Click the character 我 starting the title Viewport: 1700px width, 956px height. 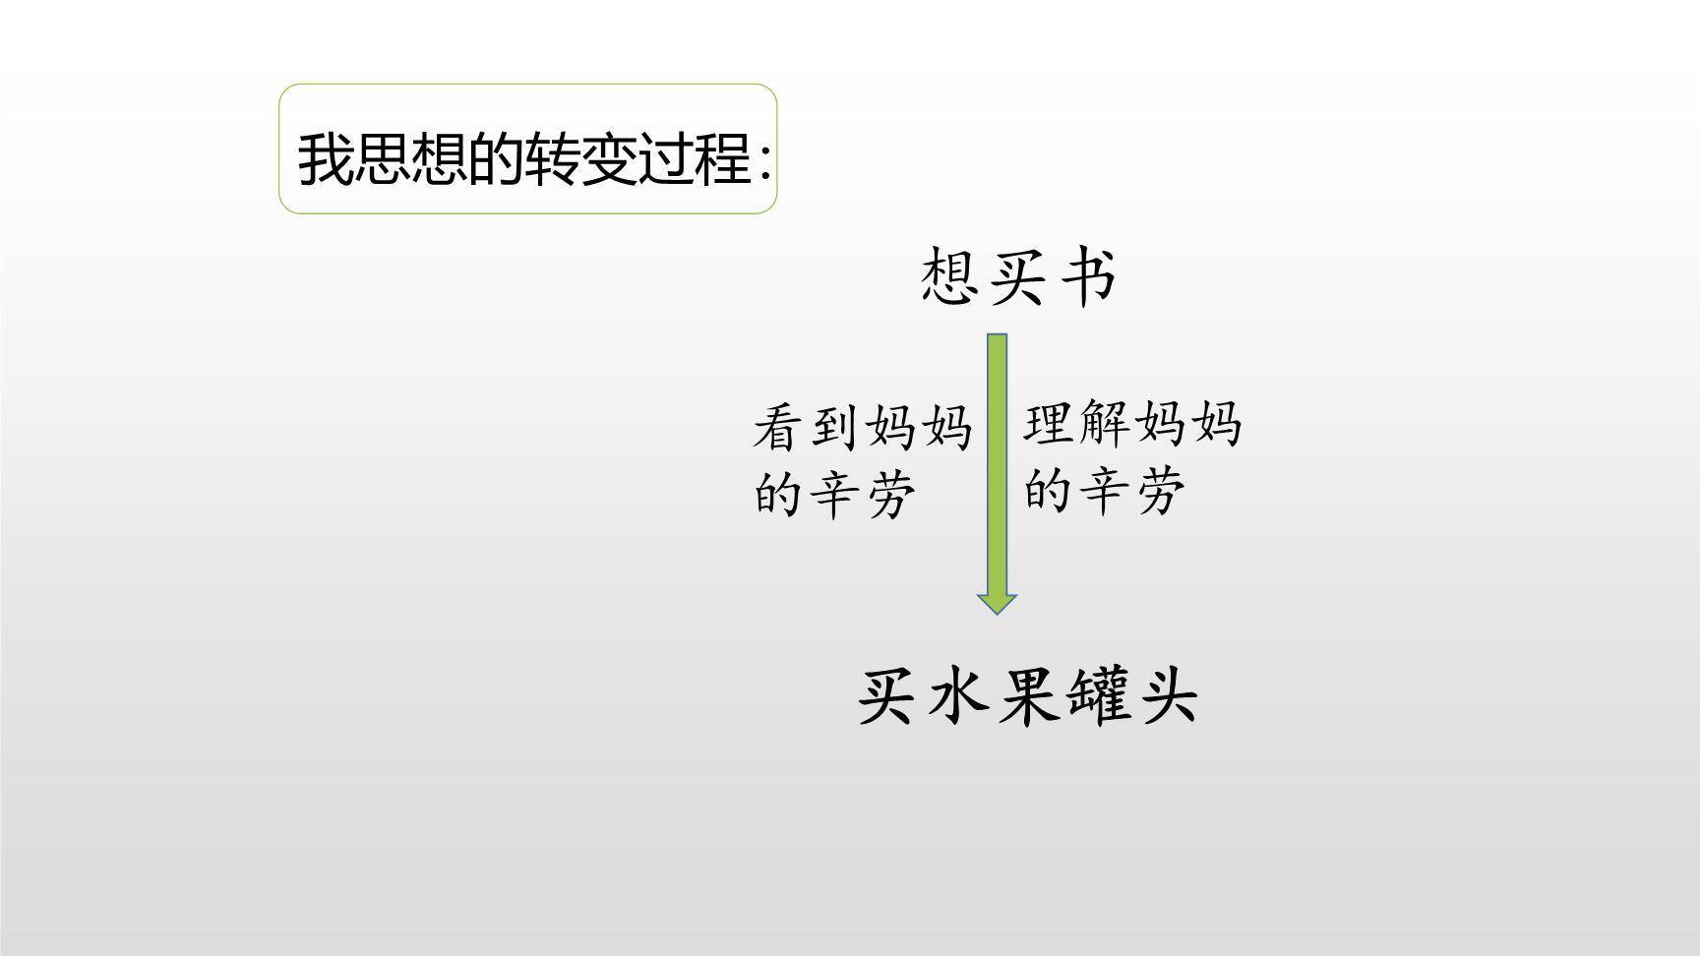pyautogui.click(x=326, y=158)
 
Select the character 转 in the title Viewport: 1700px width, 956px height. pyautogui.click(x=554, y=158)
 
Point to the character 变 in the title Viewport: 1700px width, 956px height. pyautogui.click(x=611, y=158)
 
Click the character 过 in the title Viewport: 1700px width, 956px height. pyautogui.click(x=668, y=158)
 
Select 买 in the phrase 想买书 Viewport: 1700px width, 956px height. pyautogui.click(x=1018, y=276)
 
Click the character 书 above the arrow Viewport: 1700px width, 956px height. pyautogui.click(x=1087, y=276)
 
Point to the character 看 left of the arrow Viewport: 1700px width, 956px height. pyautogui.click(x=782, y=429)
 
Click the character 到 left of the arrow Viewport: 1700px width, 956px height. pyautogui.click(x=837, y=429)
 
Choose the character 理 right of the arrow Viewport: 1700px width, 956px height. pyautogui.click(x=1052, y=424)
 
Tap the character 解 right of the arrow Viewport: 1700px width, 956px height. pyautogui.click(x=1107, y=424)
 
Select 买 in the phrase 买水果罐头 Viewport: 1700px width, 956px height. pyautogui.click(x=888, y=696)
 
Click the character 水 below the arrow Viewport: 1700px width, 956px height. pyautogui.click(x=957, y=696)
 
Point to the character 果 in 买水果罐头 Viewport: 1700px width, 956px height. pyautogui.click(x=1027, y=696)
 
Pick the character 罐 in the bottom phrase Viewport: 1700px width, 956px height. pyautogui.click(x=1097, y=696)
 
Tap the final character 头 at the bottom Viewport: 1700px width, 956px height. pyautogui.click(x=1167, y=696)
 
